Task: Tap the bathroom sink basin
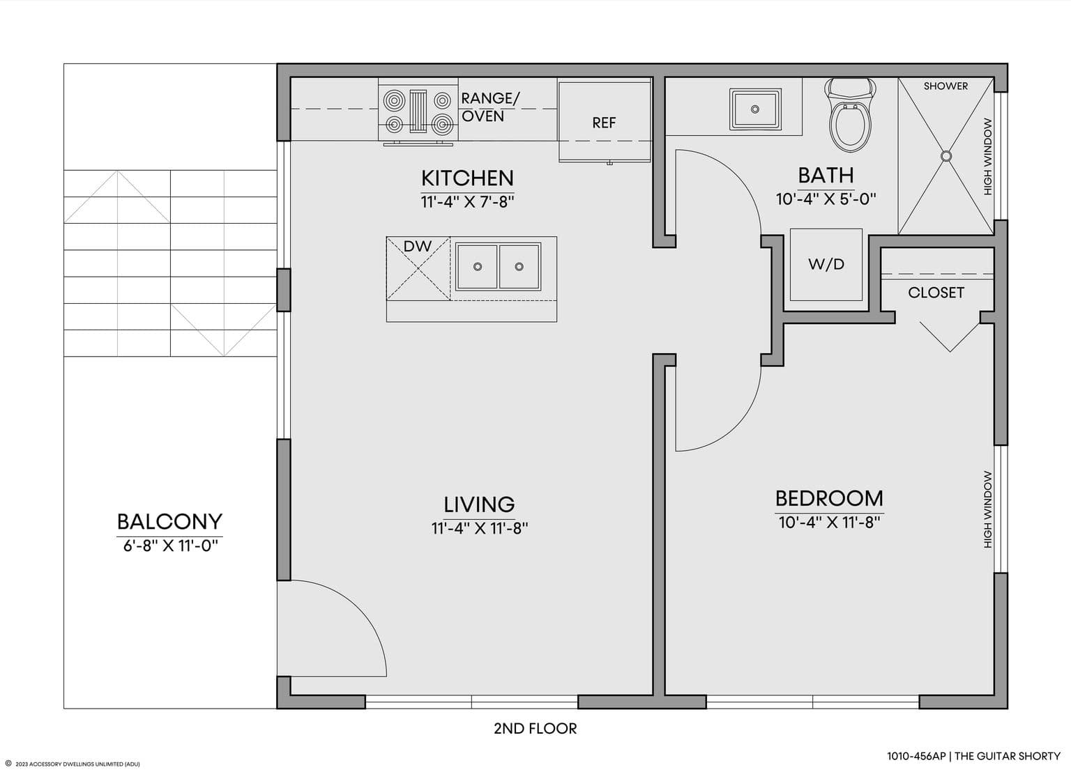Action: (x=755, y=109)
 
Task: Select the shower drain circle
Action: (x=945, y=156)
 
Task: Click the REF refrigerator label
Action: (x=604, y=123)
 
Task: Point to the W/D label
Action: (x=826, y=263)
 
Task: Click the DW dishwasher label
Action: (x=418, y=246)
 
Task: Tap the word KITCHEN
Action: (x=467, y=178)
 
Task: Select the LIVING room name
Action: (x=479, y=504)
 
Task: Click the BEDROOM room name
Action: (x=829, y=498)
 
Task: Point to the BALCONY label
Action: (x=169, y=522)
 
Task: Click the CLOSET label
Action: (x=936, y=293)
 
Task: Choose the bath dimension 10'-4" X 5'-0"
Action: (x=826, y=199)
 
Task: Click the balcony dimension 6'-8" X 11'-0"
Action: (x=170, y=546)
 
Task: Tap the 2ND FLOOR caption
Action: (x=535, y=729)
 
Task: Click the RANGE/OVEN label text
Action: (x=490, y=107)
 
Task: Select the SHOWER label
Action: (x=945, y=86)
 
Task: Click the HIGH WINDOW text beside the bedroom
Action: (x=988, y=510)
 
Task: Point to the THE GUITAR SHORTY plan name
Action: (x=1008, y=756)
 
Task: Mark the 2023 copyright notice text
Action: (x=73, y=764)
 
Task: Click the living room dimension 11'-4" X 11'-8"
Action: (x=480, y=528)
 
